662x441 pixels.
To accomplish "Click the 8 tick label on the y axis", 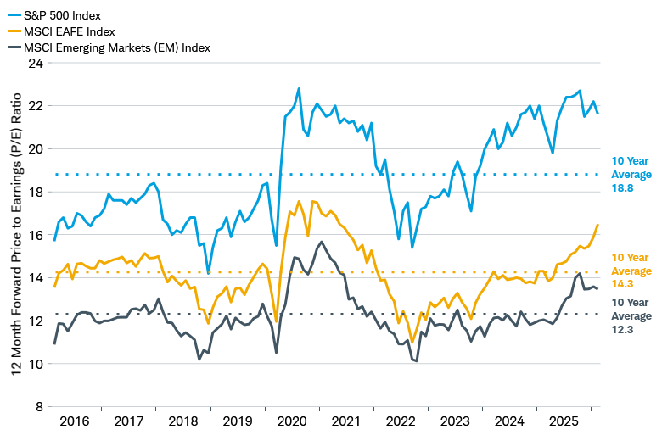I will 37,406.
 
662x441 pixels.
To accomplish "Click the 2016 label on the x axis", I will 74,421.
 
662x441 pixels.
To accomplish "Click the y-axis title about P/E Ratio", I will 14,234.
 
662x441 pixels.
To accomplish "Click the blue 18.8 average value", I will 631,191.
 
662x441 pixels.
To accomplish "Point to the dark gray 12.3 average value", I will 631,330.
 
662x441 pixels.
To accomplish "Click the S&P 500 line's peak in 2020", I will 299,88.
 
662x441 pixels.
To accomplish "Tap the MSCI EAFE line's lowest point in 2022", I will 412,342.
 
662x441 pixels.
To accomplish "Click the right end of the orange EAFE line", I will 598,225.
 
